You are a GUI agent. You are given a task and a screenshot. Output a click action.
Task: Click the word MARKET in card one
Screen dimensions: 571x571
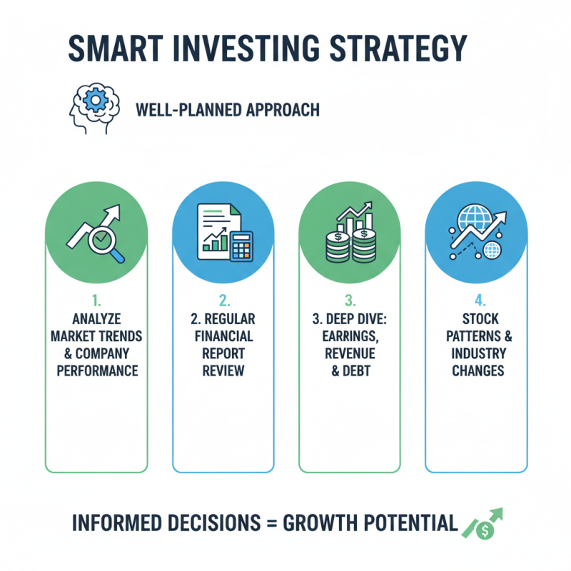click(80, 335)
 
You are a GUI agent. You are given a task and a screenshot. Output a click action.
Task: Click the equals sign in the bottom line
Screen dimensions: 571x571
click(271, 523)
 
